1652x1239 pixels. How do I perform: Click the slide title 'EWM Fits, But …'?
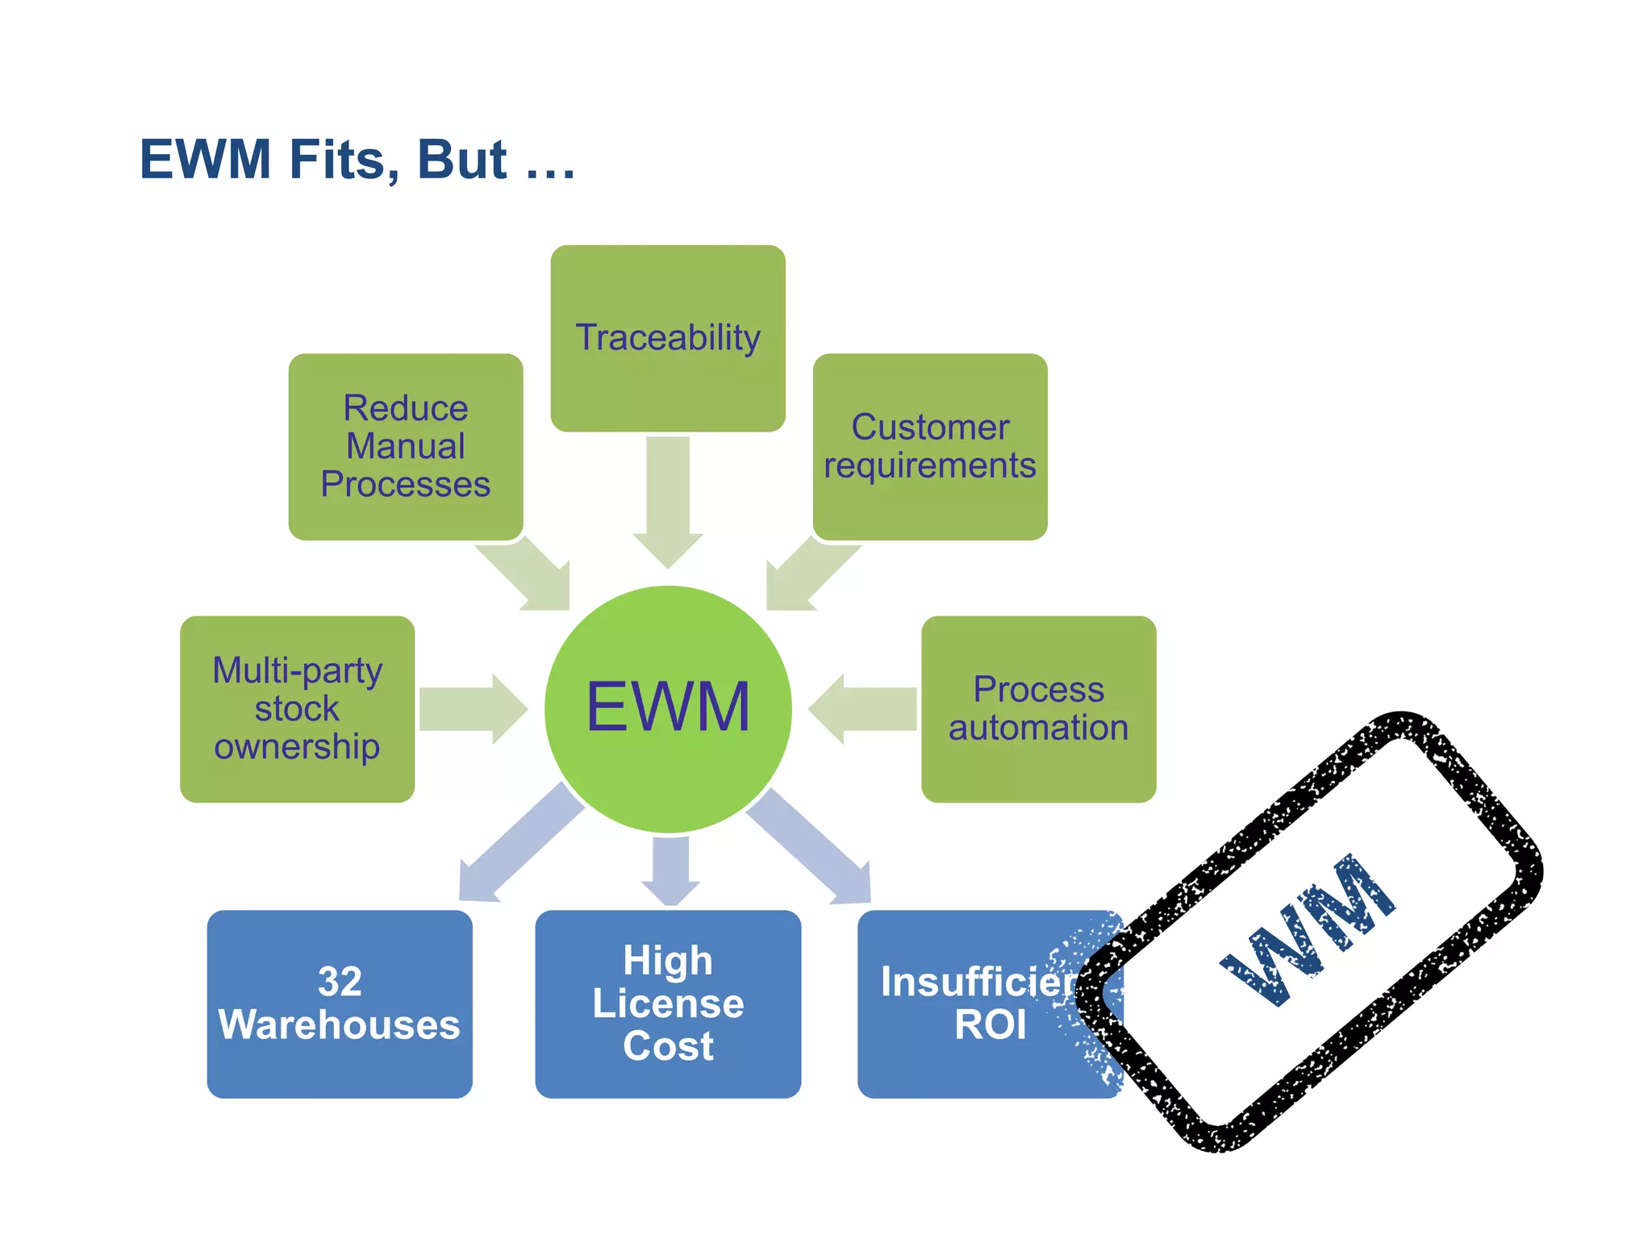(357, 159)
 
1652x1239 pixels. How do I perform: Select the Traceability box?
(668, 338)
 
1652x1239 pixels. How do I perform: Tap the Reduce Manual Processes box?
(406, 446)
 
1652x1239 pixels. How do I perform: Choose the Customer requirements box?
(930, 446)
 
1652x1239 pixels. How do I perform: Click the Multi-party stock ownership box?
(297, 709)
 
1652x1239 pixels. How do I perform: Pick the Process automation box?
(1038, 709)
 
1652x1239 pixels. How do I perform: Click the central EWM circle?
(668, 709)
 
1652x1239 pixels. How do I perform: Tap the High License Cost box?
(668, 1003)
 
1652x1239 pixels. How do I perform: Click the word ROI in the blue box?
(990, 1025)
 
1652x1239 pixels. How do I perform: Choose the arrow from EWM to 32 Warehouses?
(516, 847)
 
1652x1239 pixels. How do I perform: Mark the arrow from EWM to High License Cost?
(670, 870)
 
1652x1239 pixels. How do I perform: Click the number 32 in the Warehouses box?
(340, 982)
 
